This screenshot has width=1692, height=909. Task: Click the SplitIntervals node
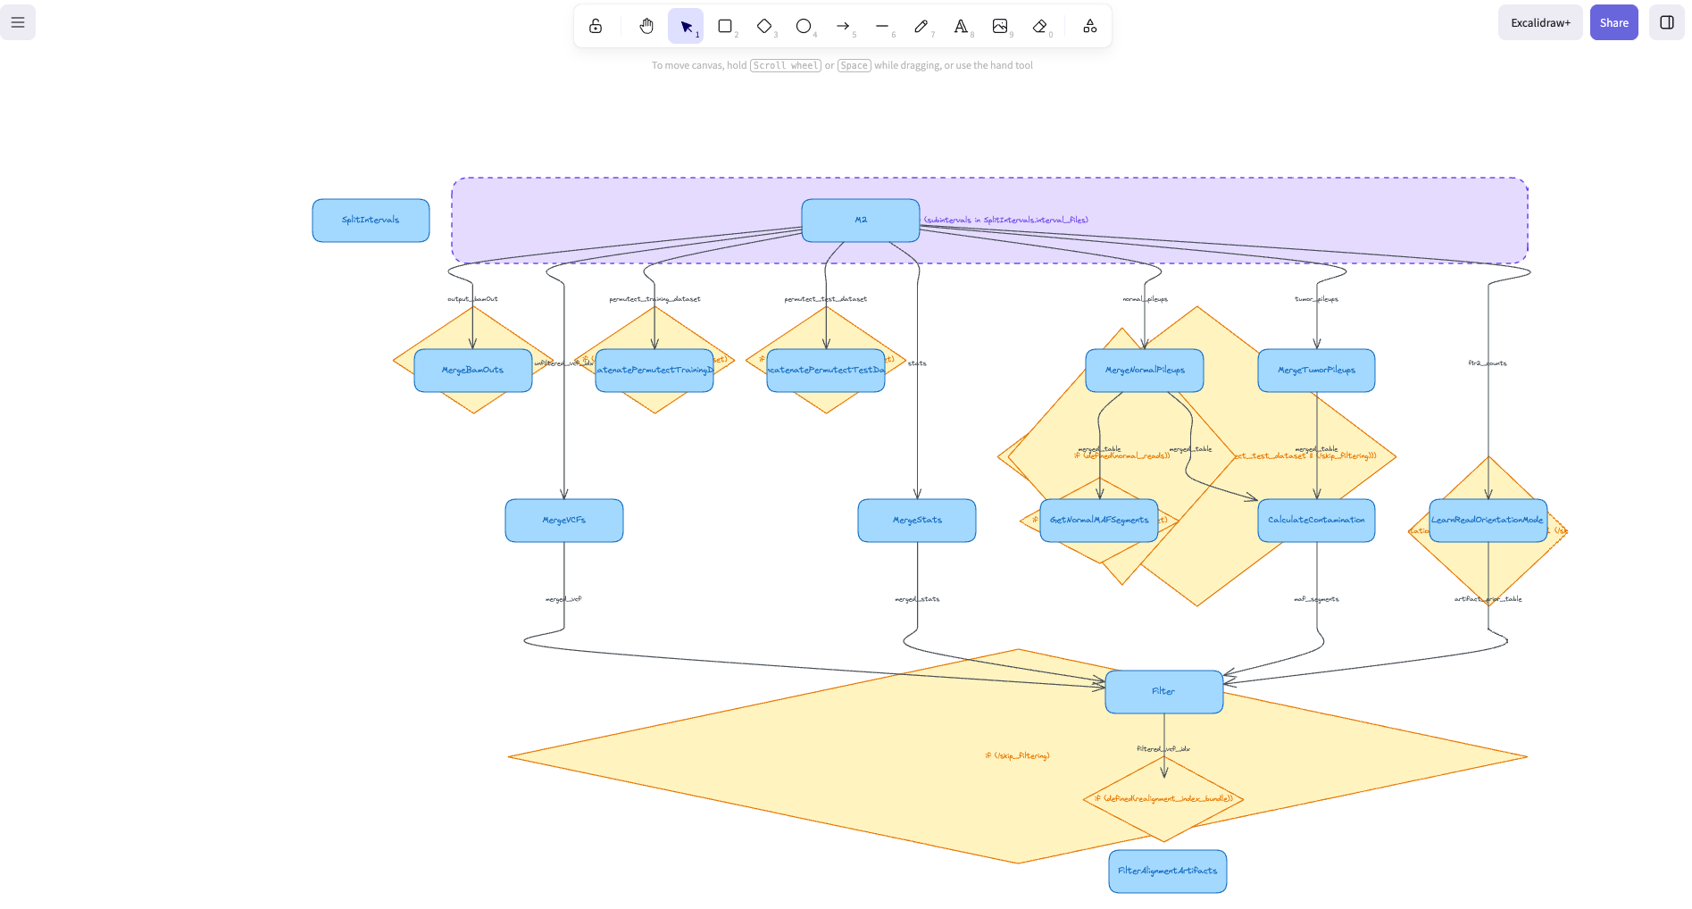click(x=371, y=221)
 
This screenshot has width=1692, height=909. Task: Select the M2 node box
click(x=860, y=221)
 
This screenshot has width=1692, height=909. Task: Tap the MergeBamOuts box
click(x=472, y=371)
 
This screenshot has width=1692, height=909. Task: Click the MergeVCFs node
click(x=563, y=521)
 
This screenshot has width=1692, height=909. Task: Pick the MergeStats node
click(x=916, y=521)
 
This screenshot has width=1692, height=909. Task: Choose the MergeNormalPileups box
click(x=1144, y=371)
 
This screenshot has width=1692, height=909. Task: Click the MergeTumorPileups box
click(x=1315, y=371)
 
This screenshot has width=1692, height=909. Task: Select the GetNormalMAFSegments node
click(x=1098, y=521)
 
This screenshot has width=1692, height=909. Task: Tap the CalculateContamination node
click(x=1315, y=521)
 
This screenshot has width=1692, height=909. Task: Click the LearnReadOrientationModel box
click(x=1487, y=521)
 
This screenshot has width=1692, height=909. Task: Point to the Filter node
click(x=1163, y=692)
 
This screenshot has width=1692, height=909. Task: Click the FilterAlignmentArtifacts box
click(x=1167, y=871)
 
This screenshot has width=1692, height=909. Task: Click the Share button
click(x=1613, y=23)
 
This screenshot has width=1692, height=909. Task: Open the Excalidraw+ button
click(x=1539, y=23)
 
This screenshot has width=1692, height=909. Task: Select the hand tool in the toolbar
click(x=646, y=26)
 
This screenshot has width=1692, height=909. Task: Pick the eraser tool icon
click(x=1039, y=26)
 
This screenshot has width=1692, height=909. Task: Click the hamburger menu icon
click(x=18, y=22)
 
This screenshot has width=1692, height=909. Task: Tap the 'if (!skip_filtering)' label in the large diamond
click(x=1017, y=756)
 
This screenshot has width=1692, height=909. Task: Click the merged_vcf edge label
click(x=563, y=599)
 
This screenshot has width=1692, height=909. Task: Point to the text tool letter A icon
click(x=961, y=26)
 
